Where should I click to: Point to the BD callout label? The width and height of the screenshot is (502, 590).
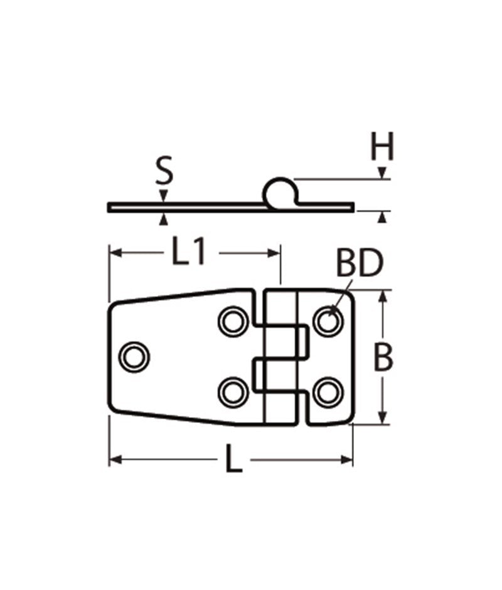point(359,265)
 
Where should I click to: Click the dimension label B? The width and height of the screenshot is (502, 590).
point(383,358)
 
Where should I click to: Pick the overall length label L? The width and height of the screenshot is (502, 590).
point(233,462)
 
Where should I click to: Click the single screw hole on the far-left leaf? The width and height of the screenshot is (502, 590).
point(134,356)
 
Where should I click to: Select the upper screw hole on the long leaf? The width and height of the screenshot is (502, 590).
point(233,321)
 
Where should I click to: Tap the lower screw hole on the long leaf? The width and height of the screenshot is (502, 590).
point(233,392)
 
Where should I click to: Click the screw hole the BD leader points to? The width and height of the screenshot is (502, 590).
point(328,321)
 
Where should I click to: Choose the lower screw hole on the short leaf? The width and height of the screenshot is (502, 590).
point(328,392)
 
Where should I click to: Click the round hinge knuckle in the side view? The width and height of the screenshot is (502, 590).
point(279,192)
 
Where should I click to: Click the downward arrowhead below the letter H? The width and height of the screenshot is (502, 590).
point(382,173)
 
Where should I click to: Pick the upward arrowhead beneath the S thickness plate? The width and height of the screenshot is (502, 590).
point(164,218)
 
